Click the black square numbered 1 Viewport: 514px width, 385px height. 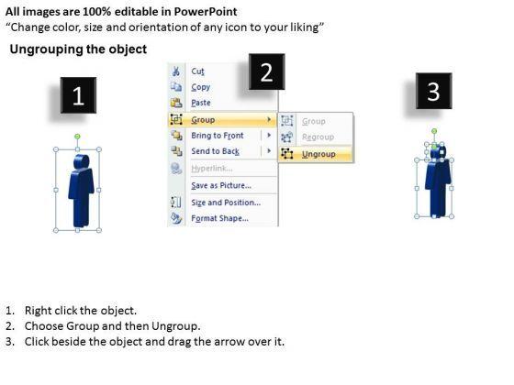click(x=78, y=95)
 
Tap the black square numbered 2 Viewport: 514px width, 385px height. click(x=266, y=71)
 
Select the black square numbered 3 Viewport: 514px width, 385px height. click(x=433, y=91)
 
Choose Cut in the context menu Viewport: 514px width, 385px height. click(x=197, y=71)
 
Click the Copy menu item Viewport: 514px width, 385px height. click(x=201, y=87)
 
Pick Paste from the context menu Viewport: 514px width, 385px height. click(x=201, y=103)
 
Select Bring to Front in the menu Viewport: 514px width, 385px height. click(x=218, y=136)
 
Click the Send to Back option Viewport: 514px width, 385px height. click(x=215, y=151)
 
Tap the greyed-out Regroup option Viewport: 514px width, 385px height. click(x=318, y=137)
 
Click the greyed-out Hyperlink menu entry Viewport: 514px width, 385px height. click(x=212, y=169)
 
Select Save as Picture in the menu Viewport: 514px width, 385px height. click(x=221, y=185)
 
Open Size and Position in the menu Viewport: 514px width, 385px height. click(x=226, y=203)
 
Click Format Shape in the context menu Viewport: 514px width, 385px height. click(x=219, y=218)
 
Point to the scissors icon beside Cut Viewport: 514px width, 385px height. click(x=176, y=71)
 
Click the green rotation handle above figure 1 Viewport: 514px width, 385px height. click(x=77, y=137)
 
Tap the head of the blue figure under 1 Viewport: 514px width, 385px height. click(x=82, y=162)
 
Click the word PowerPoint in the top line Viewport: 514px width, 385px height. click(x=206, y=12)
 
